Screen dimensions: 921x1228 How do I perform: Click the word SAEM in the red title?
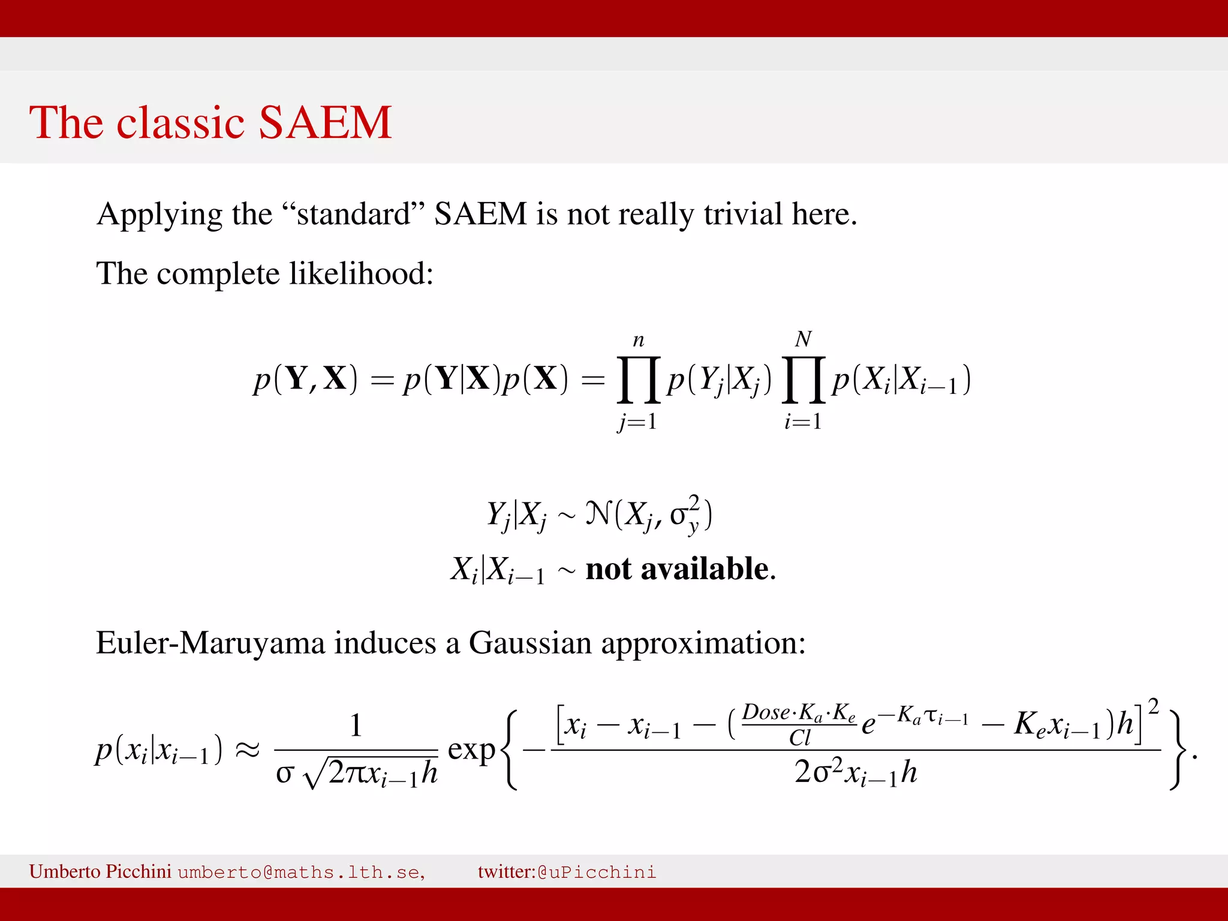[x=324, y=122]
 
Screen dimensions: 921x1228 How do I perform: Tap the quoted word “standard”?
[x=353, y=214]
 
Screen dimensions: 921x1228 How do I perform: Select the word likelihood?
[x=361, y=273]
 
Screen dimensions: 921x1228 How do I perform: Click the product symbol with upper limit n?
[x=639, y=380]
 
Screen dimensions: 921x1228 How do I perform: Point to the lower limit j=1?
[x=638, y=422]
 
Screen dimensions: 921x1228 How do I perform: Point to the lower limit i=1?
[x=803, y=422]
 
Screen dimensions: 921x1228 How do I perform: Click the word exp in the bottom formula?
[x=471, y=750]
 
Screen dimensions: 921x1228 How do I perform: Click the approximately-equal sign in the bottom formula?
[x=247, y=750]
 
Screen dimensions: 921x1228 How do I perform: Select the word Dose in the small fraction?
[x=766, y=712]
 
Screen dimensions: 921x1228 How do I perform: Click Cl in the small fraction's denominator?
[x=800, y=738]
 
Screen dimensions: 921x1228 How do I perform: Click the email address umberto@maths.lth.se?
[x=301, y=872]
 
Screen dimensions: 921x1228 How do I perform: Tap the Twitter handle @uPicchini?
[x=597, y=872]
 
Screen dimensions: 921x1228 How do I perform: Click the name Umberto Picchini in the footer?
[x=100, y=871]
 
